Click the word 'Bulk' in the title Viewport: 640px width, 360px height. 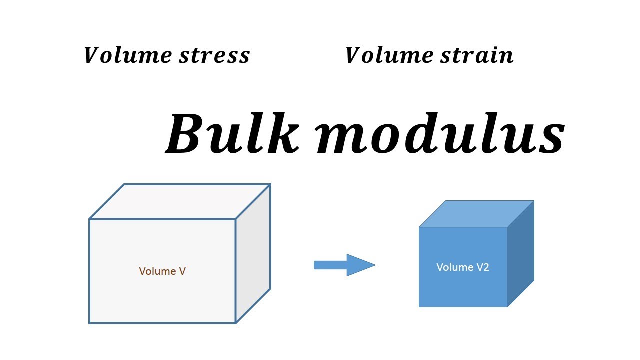[x=232, y=134]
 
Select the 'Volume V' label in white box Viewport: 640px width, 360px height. [x=162, y=271]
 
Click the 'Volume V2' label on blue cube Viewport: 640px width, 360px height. [x=463, y=267]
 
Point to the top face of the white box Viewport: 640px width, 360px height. [x=180, y=201]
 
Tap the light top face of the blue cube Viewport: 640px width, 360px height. [x=476, y=214]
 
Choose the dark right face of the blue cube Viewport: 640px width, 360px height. [x=521, y=254]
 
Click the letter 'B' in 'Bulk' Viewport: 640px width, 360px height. [x=186, y=134]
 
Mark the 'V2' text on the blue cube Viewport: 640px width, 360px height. [x=483, y=267]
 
